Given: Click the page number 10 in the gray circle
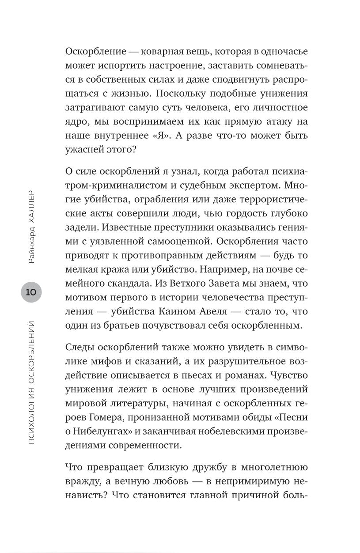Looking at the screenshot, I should [x=31, y=292].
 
